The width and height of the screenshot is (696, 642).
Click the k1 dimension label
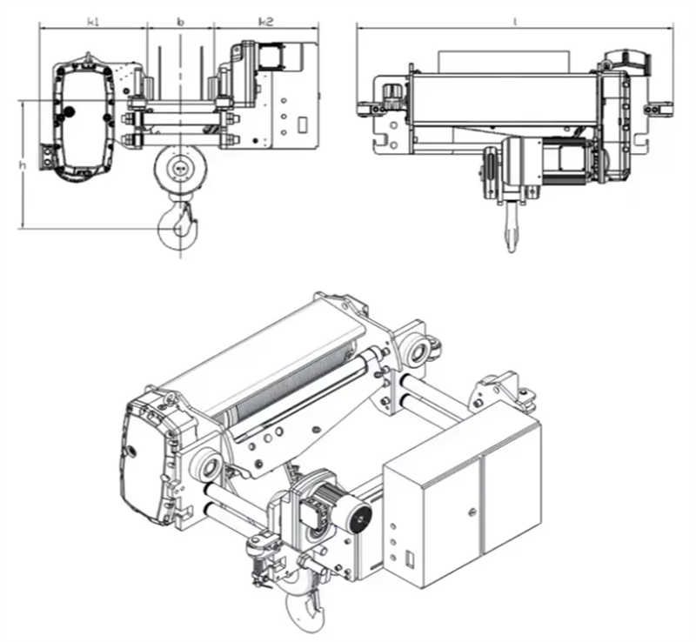pyautogui.click(x=93, y=22)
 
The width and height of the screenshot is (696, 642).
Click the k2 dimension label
pyautogui.click(x=265, y=22)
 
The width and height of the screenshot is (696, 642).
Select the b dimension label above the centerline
pyautogui.click(x=180, y=20)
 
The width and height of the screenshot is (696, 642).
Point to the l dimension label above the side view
pyautogui.click(x=515, y=21)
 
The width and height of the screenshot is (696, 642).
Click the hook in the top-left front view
pyautogui.click(x=178, y=223)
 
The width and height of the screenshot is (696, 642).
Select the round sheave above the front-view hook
pyautogui.click(x=179, y=169)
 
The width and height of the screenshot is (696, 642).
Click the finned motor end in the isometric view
pyautogui.click(x=357, y=519)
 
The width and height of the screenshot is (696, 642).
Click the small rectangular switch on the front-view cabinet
pyautogui.click(x=301, y=124)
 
